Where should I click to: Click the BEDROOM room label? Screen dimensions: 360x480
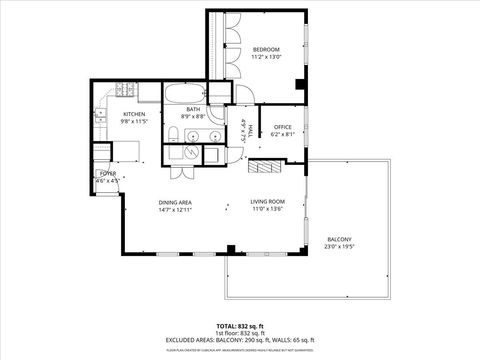click(265, 50)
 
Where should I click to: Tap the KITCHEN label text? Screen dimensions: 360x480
click(134, 114)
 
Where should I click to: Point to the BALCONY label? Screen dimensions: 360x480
click(339, 239)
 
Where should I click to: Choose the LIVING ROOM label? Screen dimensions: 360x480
click(267, 203)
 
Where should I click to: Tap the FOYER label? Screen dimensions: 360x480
click(107, 174)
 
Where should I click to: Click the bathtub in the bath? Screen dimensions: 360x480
click(185, 97)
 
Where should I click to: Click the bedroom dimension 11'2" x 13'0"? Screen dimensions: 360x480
click(265, 58)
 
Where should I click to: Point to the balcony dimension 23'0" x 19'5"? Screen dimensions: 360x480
click(339, 247)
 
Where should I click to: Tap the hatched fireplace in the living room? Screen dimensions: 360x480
click(265, 167)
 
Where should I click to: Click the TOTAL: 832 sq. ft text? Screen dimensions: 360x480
click(240, 326)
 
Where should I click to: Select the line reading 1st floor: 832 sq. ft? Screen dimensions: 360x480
click(240, 333)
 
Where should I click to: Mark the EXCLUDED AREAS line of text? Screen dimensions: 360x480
click(240, 340)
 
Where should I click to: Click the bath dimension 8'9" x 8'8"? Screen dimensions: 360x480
click(193, 117)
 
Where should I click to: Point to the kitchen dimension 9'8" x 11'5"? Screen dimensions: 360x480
click(134, 121)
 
